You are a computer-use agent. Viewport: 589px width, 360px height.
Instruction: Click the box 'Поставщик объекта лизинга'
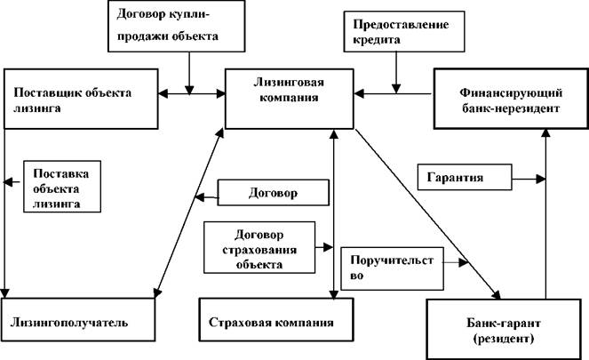81,99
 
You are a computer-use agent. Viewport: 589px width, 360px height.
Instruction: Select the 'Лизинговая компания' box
290,99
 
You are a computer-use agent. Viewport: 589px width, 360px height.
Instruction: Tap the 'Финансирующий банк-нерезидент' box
511,99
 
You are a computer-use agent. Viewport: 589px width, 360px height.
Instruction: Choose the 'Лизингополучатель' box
78,320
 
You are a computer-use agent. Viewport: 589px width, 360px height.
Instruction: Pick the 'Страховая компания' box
276,320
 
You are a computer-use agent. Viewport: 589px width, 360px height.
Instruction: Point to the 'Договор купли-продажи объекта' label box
177,26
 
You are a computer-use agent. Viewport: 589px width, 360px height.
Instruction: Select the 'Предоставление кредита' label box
404,31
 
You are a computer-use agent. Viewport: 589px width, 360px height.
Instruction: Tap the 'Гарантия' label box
465,177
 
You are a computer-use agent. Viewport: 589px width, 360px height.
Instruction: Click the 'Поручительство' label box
392,268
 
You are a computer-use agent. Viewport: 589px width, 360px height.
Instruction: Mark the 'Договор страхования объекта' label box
259,247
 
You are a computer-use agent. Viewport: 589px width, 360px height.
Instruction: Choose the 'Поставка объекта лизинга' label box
62,187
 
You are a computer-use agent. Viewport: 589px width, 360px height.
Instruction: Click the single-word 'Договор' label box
273,192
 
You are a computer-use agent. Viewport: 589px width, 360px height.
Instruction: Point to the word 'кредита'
377,39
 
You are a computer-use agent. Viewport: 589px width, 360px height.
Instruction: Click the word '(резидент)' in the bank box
504,339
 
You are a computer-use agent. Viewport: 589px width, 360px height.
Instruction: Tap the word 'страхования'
259,250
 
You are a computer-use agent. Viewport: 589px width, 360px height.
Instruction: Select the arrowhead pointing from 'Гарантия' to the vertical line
541,179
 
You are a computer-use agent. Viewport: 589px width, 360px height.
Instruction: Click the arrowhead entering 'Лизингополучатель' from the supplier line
4,293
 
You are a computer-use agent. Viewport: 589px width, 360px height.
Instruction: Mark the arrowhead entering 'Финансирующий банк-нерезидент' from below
546,132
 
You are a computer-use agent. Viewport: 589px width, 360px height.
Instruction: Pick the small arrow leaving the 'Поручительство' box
456,262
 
